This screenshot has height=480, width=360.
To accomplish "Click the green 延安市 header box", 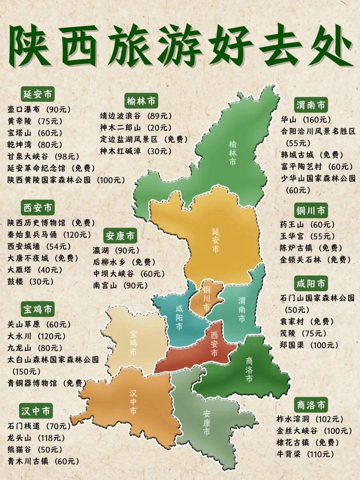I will tap(37, 94).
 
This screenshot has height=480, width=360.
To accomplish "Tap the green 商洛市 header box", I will tap(311, 405).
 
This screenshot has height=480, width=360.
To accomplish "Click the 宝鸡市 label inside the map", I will tap(133, 343).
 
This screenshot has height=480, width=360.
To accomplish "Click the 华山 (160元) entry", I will tap(305, 119).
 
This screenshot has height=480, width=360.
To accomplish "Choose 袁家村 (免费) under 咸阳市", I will tap(307, 321).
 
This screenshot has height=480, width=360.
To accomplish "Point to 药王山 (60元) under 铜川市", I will tap(307, 224).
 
